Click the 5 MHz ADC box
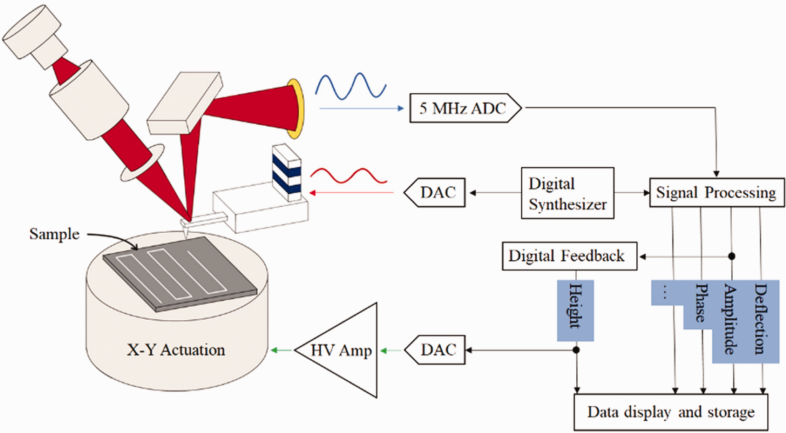point(465,108)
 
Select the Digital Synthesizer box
point(567,193)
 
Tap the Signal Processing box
point(717,192)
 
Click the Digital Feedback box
point(570,256)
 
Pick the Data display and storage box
point(671,412)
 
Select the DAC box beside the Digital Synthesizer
point(435,192)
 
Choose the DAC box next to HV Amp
point(435,350)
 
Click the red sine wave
point(348,176)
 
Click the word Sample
point(54,234)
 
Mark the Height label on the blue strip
point(576,306)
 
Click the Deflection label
point(761,319)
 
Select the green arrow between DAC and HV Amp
point(391,350)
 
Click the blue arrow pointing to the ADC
point(362,108)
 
